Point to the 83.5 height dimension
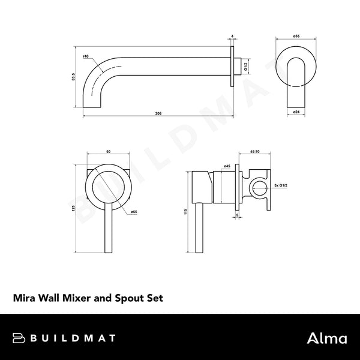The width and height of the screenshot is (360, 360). (x=73, y=76)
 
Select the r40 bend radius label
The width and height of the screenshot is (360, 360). (x=86, y=56)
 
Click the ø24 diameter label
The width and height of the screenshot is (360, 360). (x=296, y=112)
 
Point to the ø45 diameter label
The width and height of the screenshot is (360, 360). (x=227, y=165)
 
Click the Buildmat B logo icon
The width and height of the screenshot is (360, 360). (x=19, y=338)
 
